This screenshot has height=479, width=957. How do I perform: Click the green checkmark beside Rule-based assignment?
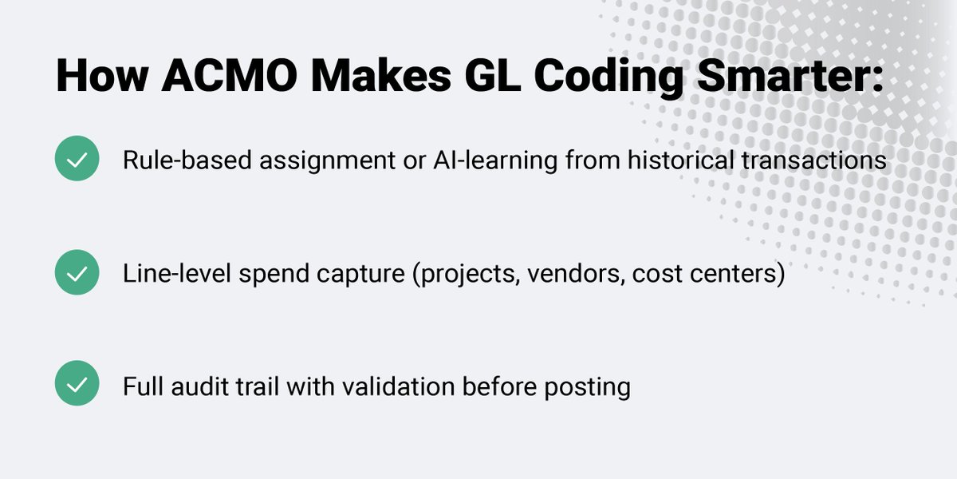click(x=77, y=158)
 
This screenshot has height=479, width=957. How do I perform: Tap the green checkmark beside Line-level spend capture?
click(x=77, y=272)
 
